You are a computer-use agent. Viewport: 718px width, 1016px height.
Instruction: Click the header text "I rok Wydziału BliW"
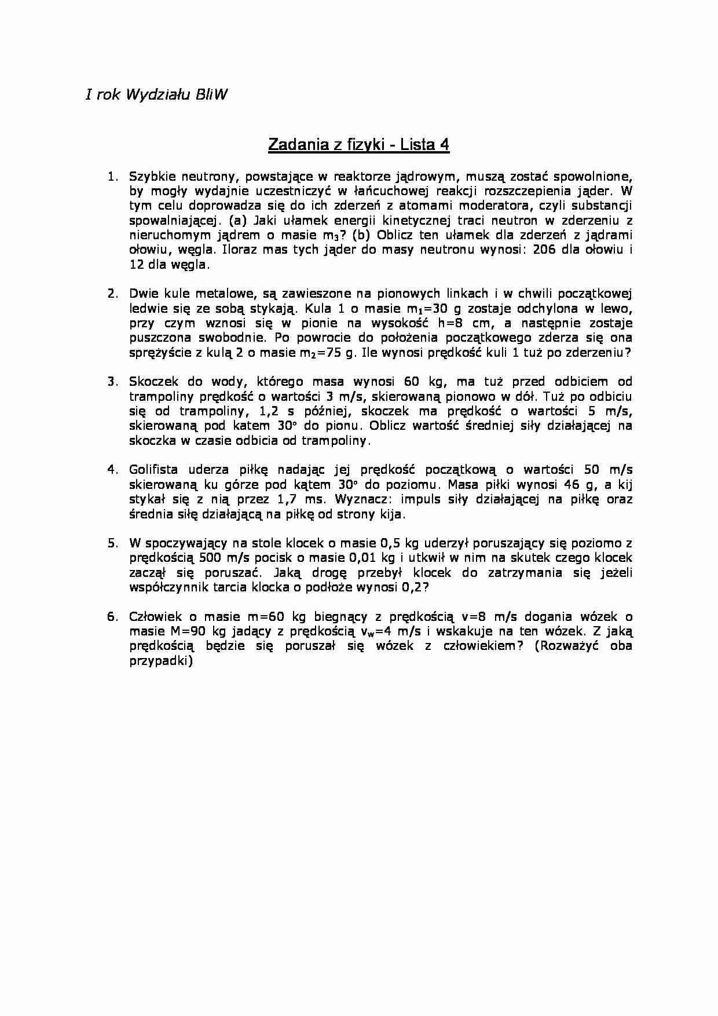[156, 95]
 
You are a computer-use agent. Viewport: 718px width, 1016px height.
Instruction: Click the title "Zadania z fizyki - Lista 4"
[358, 145]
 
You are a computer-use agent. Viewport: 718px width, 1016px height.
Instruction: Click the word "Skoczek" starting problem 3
[152, 382]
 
